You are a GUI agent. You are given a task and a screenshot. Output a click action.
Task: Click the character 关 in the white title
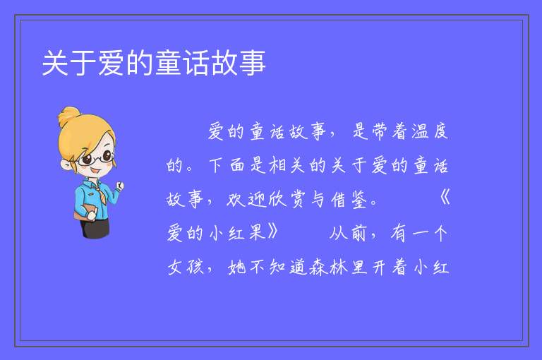coord(55,63)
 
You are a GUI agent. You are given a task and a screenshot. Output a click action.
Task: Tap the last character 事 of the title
coord(253,63)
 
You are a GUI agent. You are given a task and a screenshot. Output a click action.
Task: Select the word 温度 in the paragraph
coord(430,131)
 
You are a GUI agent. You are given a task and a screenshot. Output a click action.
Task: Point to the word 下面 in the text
coord(227,165)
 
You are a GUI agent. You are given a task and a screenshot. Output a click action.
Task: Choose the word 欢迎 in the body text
coord(246,199)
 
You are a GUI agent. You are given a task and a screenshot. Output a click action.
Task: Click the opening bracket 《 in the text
coord(445,199)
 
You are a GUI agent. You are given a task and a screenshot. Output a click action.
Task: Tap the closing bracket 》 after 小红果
coord(273,232)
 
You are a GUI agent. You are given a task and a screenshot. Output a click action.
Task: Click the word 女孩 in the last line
coord(186,267)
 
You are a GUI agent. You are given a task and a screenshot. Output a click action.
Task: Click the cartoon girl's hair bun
coord(69,116)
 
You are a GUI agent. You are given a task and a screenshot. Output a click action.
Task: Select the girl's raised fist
coord(120,186)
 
